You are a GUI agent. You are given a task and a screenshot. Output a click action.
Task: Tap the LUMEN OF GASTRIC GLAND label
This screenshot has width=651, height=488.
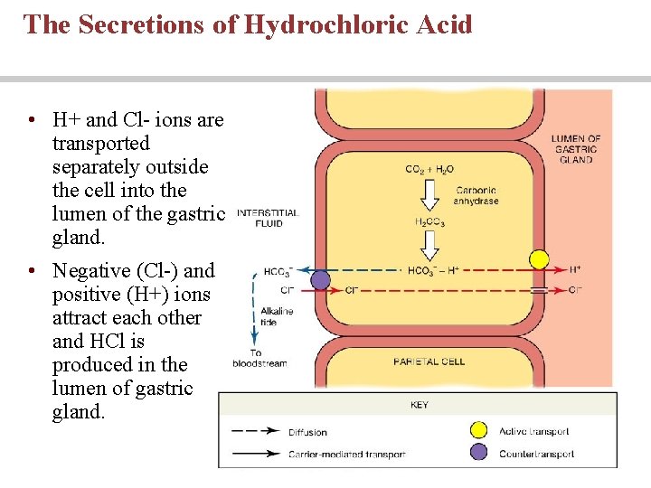coord(576,149)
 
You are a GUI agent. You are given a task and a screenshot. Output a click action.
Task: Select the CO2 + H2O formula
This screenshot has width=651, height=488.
coord(429,169)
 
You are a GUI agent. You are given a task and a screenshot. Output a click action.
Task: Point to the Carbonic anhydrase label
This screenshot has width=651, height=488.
coord(477,195)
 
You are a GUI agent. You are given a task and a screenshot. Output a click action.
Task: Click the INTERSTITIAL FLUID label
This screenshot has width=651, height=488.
coord(267,218)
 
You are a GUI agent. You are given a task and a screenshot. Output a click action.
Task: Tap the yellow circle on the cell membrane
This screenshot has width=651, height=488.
coord(539,260)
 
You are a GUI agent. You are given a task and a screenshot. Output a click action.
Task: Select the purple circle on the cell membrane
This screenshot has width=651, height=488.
coord(320,280)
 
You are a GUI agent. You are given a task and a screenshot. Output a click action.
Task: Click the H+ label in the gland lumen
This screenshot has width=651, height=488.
coord(575,269)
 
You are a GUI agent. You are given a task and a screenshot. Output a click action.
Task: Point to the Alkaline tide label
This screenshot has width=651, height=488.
coord(277,315)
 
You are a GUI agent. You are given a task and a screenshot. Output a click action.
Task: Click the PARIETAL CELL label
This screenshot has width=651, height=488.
coord(429,361)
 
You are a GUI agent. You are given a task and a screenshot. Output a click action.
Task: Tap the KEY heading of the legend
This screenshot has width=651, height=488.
coord(420,405)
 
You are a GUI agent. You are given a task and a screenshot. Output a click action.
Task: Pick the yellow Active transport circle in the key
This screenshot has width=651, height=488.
coord(479,430)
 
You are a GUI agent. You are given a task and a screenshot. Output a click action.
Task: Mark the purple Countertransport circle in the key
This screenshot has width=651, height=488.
coord(479,452)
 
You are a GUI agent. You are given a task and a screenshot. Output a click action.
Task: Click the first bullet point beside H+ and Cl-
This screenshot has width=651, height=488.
coord(31,120)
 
